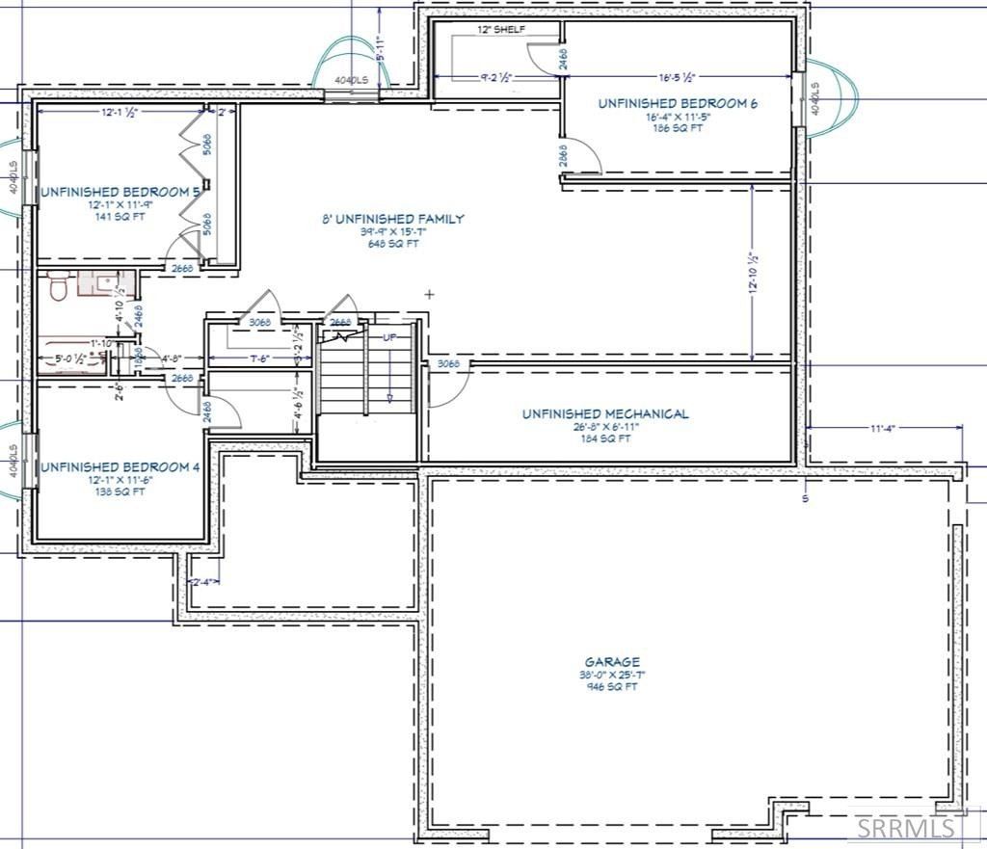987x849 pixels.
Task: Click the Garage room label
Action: (611, 662)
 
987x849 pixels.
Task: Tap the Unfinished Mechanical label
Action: (605, 414)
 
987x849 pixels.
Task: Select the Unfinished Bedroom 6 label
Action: (678, 103)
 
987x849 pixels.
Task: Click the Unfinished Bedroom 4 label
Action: (120, 467)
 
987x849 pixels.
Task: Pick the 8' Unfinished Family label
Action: (392, 220)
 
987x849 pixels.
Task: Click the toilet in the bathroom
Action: (57, 286)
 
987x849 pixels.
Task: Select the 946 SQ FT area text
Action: (611, 687)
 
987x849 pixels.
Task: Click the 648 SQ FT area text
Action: (392, 244)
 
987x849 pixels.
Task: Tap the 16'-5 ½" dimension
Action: (678, 77)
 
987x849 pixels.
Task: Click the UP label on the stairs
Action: (389, 338)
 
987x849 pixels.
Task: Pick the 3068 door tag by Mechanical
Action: (447, 364)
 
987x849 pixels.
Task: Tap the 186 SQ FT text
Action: (678, 128)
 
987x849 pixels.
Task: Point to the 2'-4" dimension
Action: (202, 582)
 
